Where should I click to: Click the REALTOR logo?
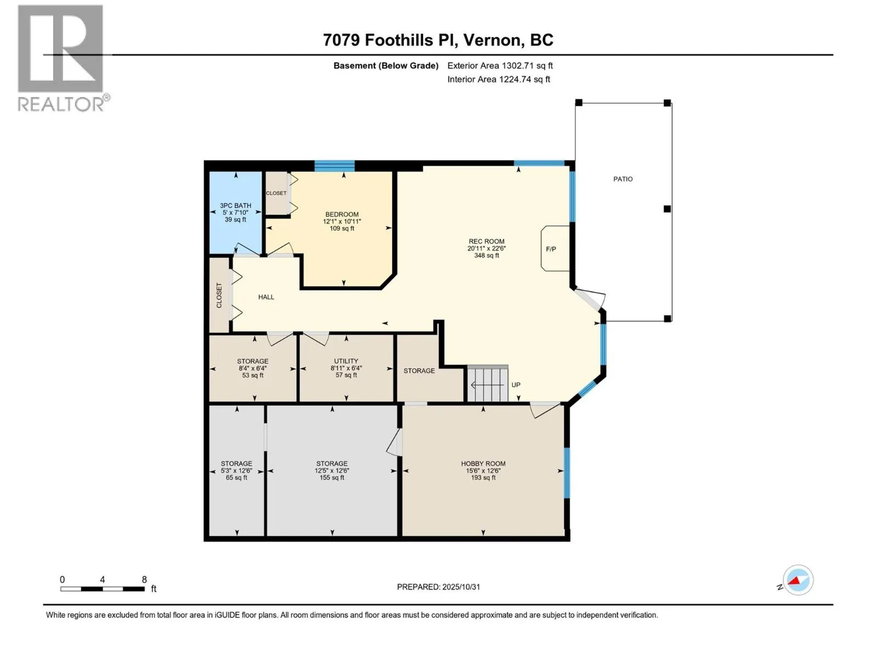point(64,58)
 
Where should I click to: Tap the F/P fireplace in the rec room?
point(555,248)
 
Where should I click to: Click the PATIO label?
point(623,179)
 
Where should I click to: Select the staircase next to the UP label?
point(488,383)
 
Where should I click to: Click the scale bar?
point(102,589)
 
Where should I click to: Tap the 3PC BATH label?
point(235,205)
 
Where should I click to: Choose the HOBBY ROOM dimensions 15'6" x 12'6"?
point(483,470)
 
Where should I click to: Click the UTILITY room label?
point(346,361)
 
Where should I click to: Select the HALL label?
point(266,297)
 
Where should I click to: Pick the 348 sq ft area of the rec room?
point(486,256)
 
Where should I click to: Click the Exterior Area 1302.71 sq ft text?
point(500,65)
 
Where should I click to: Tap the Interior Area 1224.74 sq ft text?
point(499,79)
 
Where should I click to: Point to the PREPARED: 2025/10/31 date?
point(438,587)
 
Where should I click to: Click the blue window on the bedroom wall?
point(334,166)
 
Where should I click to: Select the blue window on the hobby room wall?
point(567,473)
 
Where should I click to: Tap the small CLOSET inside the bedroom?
point(276,194)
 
